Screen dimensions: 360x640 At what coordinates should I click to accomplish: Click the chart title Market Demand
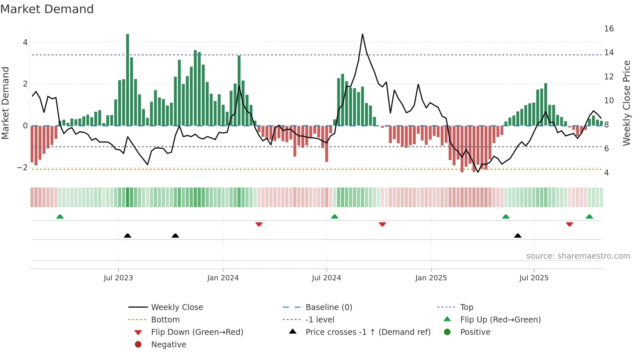(47, 9)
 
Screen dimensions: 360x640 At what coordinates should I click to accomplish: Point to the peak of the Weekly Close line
(362, 34)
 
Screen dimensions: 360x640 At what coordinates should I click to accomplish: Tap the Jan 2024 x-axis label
(223, 278)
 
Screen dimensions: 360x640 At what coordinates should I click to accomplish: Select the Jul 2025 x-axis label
(534, 278)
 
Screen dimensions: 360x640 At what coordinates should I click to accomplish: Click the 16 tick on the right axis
(609, 29)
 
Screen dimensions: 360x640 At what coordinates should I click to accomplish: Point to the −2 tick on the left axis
(23, 168)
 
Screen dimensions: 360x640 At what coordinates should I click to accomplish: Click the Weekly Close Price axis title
(626, 103)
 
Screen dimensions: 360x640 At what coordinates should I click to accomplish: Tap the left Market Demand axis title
(6, 103)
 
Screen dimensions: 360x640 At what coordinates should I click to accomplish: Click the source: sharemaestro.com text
(578, 256)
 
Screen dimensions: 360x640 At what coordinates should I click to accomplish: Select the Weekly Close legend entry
(177, 307)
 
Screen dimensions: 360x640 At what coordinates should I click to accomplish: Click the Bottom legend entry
(165, 320)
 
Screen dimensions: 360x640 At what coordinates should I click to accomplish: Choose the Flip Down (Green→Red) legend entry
(197, 332)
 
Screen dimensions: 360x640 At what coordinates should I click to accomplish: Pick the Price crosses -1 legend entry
(368, 332)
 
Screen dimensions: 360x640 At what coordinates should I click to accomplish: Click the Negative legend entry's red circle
(138, 345)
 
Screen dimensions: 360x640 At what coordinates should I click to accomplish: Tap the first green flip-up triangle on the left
(60, 217)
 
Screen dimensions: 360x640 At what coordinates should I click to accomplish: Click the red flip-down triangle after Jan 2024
(259, 224)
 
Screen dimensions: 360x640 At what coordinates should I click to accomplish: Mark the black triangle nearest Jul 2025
(518, 236)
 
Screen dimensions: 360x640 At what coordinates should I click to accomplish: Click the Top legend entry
(466, 307)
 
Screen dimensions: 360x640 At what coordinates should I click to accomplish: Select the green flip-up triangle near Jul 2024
(334, 217)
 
